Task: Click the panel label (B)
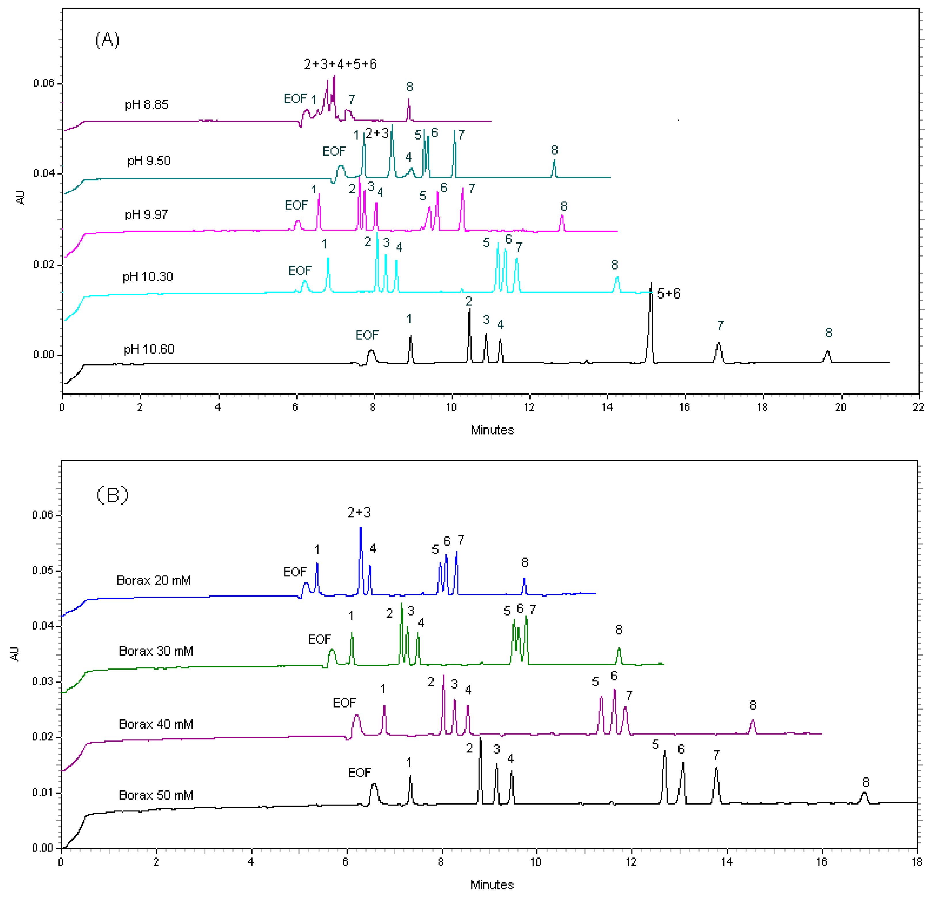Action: pos(112,495)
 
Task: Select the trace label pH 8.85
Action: pos(146,105)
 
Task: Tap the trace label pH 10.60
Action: pos(149,349)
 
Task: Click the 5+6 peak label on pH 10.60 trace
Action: pos(668,294)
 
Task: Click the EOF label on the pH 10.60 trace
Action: pos(367,335)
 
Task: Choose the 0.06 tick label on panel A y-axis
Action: pos(44,83)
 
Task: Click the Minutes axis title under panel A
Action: pos(492,430)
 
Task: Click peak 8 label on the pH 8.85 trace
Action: pos(409,87)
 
